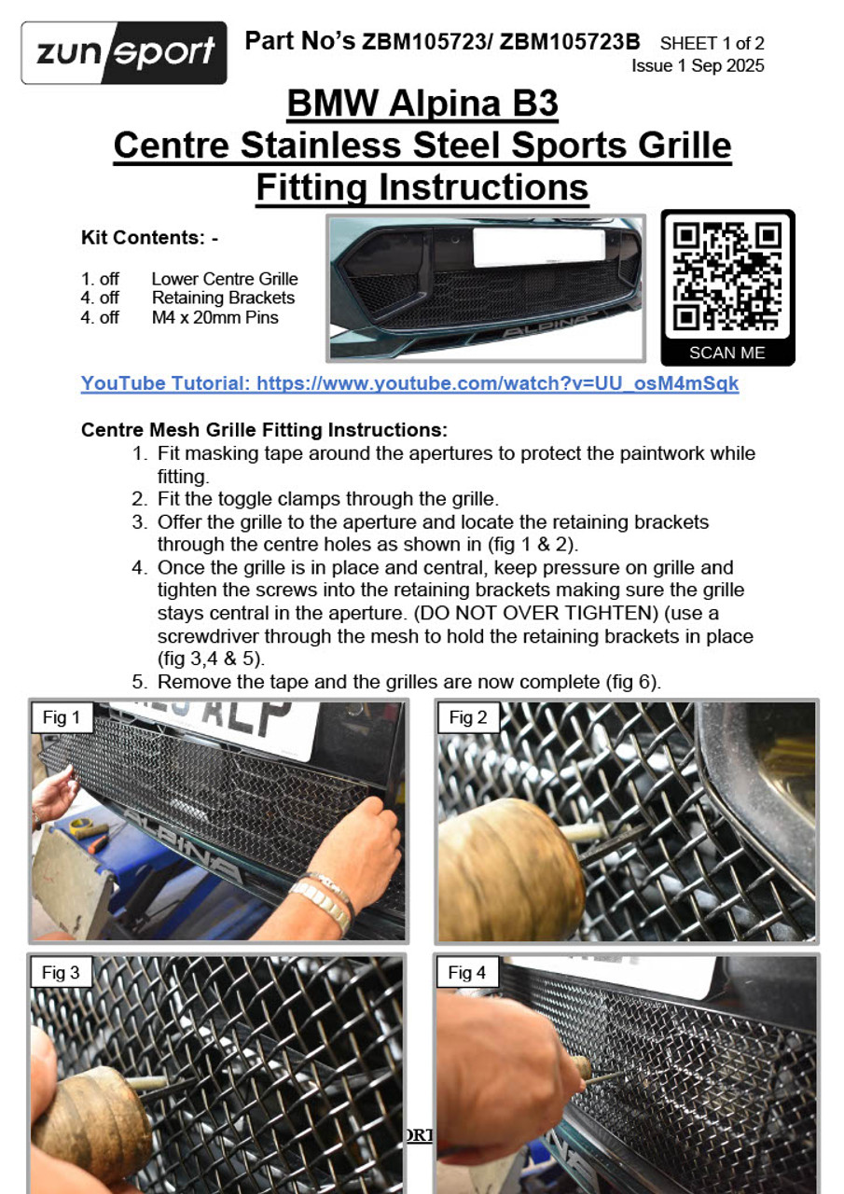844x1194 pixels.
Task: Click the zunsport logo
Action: coord(124,53)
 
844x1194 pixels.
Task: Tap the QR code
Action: coord(727,277)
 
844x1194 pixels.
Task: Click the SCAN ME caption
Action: coord(726,353)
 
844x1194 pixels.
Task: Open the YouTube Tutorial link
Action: coord(409,383)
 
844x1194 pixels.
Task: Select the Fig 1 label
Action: coord(62,717)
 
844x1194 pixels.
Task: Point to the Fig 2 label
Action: coord(468,717)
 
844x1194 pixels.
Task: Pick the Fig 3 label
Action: coord(61,973)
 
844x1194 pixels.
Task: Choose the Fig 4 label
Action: coord(466,973)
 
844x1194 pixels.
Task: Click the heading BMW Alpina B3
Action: coord(422,103)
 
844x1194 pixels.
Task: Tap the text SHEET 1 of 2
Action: coord(712,43)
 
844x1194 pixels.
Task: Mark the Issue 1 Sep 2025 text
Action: coord(698,65)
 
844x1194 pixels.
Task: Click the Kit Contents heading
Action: coord(150,238)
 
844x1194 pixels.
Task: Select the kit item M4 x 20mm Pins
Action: coord(214,318)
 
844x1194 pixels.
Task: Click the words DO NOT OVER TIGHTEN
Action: coord(536,613)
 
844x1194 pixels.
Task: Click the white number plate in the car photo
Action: coord(539,247)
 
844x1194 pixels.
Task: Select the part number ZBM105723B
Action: coord(570,42)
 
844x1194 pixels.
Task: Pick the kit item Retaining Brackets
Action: coord(223,298)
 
